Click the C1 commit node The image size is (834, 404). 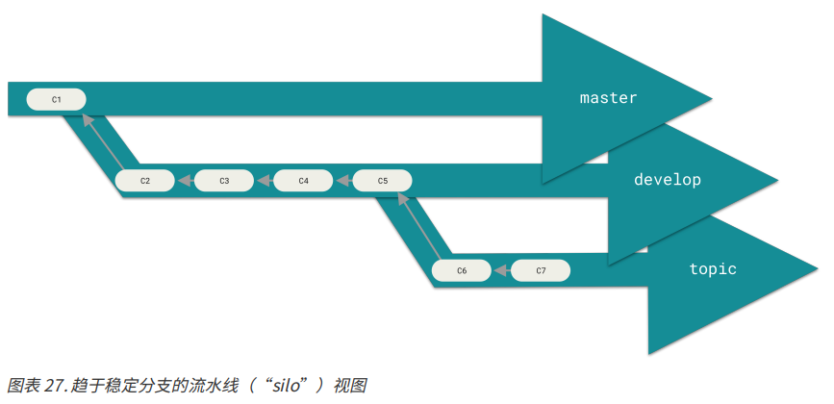[56, 99]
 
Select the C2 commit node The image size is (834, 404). [144, 180]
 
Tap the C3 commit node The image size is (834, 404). [223, 180]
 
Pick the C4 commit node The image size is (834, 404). [303, 180]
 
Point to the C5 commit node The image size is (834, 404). [382, 180]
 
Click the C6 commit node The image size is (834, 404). [461, 271]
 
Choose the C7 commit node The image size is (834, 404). [541, 271]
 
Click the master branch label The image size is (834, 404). [608, 98]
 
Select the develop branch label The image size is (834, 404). [668, 180]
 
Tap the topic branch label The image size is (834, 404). [713, 268]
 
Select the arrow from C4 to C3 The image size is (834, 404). [264, 180]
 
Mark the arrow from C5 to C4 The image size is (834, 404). [342, 180]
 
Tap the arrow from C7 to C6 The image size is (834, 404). [501, 271]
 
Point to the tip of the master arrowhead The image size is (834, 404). [711, 97]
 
